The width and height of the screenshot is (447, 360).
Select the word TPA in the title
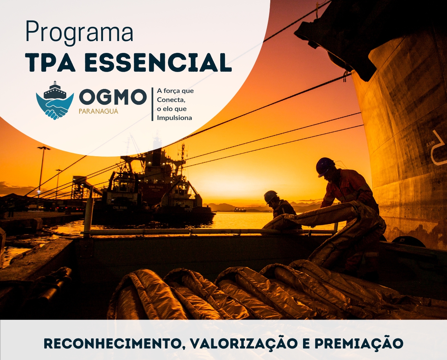pyautogui.click(x=50, y=63)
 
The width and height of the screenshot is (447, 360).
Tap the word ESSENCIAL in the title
pyautogui.click(x=158, y=63)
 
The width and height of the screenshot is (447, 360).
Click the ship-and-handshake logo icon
pyautogui.click(x=55, y=101)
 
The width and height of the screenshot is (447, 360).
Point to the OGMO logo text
pyautogui.click(x=113, y=97)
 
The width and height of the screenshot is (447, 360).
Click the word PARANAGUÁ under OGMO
pyautogui.click(x=98, y=111)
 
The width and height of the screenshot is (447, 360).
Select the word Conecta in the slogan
pyautogui.click(x=171, y=100)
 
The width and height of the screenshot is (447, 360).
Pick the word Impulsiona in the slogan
pyautogui.click(x=174, y=118)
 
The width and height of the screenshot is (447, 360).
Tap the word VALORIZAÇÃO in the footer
pyautogui.click(x=244, y=343)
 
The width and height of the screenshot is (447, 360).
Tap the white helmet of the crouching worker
pyautogui.click(x=270, y=196)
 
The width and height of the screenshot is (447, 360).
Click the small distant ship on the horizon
pyautogui.click(x=240, y=210)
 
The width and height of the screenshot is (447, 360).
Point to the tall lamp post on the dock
pyautogui.click(x=42, y=169)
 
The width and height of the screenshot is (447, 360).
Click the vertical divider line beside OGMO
pyautogui.click(x=152, y=104)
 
